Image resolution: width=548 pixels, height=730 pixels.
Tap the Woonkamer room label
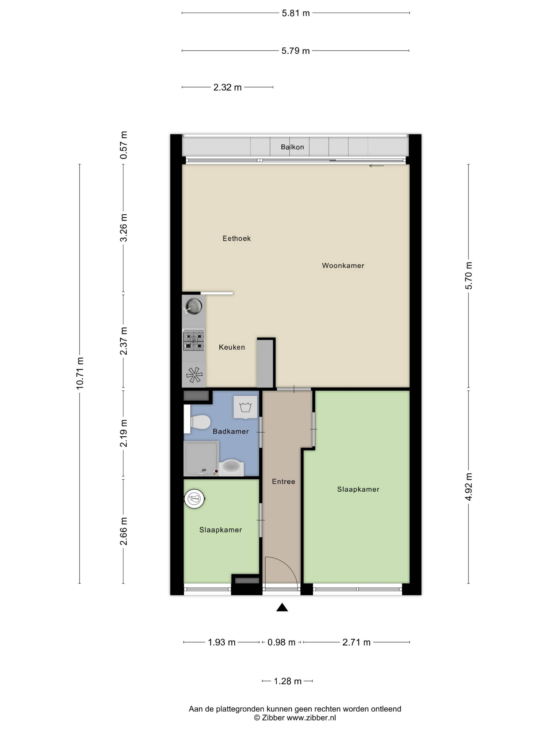point(343,265)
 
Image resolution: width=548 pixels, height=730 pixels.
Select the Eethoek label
point(236,238)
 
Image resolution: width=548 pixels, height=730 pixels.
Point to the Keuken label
point(232,347)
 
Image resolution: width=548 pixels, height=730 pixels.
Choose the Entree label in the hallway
point(283,481)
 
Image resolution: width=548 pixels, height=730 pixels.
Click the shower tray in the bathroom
point(201,458)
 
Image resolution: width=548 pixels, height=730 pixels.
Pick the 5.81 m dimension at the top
point(296,13)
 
